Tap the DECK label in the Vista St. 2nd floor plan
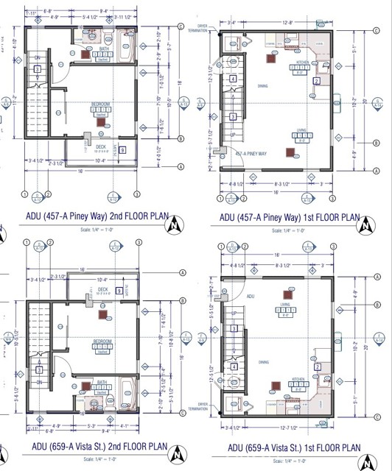pos(102,289)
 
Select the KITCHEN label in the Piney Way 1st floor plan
pos(304,64)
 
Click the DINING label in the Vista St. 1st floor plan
pos(263,361)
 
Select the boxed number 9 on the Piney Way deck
pos(122,150)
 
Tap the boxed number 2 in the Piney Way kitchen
pos(316,81)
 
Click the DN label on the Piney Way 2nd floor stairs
pos(37,57)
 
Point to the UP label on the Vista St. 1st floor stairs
pos(235,311)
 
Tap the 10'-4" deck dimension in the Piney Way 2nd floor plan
pos(101,160)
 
